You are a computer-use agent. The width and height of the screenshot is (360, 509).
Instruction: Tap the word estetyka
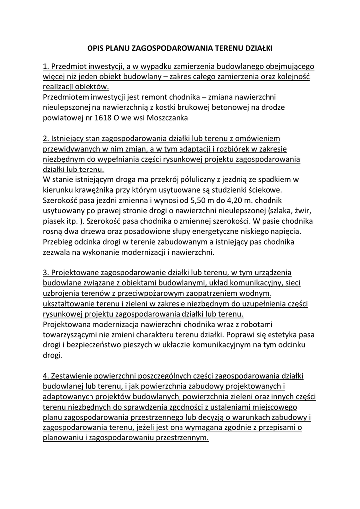[x=278, y=334]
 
